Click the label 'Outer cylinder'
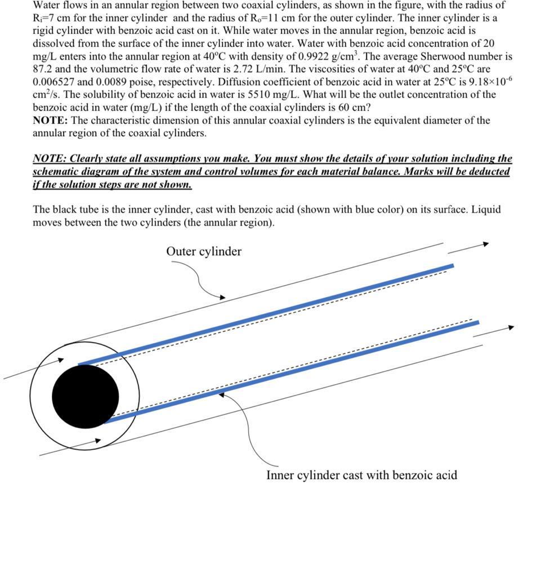pyautogui.click(x=203, y=251)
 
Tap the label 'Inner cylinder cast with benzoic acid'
pyautogui.click(x=361, y=475)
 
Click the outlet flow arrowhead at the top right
pyautogui.click(x=485, y=244)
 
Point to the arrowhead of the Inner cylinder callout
pyautogui.click(x=222, y=395)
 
